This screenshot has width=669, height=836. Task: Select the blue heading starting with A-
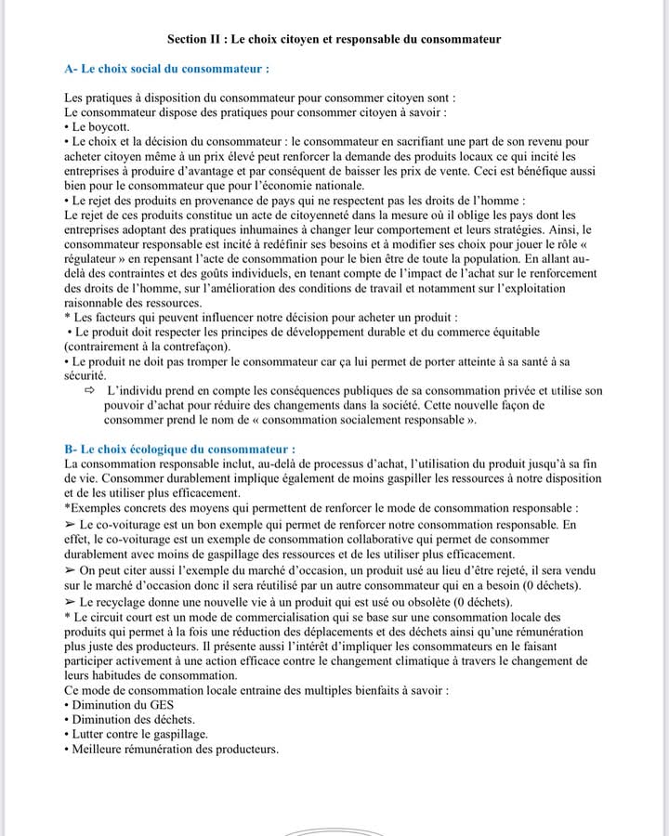click(167, 69)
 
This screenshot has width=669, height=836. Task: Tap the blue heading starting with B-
click(179, 449)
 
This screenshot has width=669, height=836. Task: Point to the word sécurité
click(85, 375)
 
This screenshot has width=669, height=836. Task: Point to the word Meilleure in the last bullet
click(100, 750)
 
